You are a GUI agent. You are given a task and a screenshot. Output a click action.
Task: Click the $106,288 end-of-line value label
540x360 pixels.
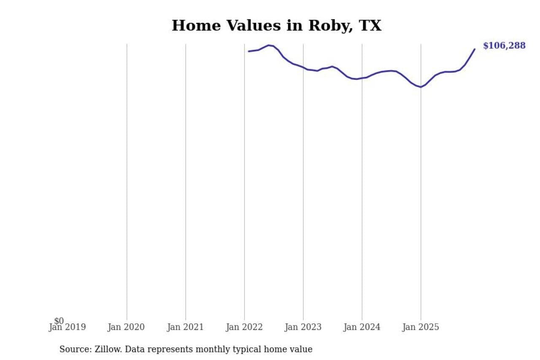pyautogui.click(x=504, y=46)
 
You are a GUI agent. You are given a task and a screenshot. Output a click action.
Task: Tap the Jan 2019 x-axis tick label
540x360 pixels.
pyautogui.click(x=67, y=327)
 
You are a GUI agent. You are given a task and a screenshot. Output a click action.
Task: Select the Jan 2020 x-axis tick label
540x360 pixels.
pyautogui.click(x=126, y=327)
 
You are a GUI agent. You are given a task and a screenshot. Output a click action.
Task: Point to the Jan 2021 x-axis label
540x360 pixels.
pyautogui.click(x=185, y=327)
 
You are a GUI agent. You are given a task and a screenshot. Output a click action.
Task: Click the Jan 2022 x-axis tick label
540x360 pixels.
pyautogui.click(x=244, y=327)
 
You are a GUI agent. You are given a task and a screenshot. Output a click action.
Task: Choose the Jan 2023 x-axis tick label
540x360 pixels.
pyautogui.click(x=303, y=327)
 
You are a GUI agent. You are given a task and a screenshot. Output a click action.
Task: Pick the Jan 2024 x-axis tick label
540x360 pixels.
pyautogui.click(x=362, y=327)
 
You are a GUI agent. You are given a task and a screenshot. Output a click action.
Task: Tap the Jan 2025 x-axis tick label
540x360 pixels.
pyautogui.click(x=421, y=327)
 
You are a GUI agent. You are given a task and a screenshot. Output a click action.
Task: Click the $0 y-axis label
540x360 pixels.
pyautogui.click(x=59, y=321)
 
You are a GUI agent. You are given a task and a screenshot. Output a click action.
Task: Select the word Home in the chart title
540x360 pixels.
pyautogui.click(x=196, y=26)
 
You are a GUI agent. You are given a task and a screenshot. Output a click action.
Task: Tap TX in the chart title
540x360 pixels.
pyautogui.click(x=370, y=26)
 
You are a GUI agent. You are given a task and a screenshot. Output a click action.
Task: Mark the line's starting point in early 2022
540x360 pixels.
pyautogui.click(x=248, y=51)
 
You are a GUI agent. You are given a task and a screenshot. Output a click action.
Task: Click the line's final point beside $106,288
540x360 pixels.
pyautogui.click(x=475, y=49)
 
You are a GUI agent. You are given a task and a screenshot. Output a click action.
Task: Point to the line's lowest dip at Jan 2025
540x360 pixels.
pyautogui.click(x=421, y=87)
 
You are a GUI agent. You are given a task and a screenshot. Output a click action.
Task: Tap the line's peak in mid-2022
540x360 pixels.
pyautogui.click(x=269, y=45)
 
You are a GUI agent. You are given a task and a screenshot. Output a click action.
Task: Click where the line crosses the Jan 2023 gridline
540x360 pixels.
pyautogui.click(x=303, y=68)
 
